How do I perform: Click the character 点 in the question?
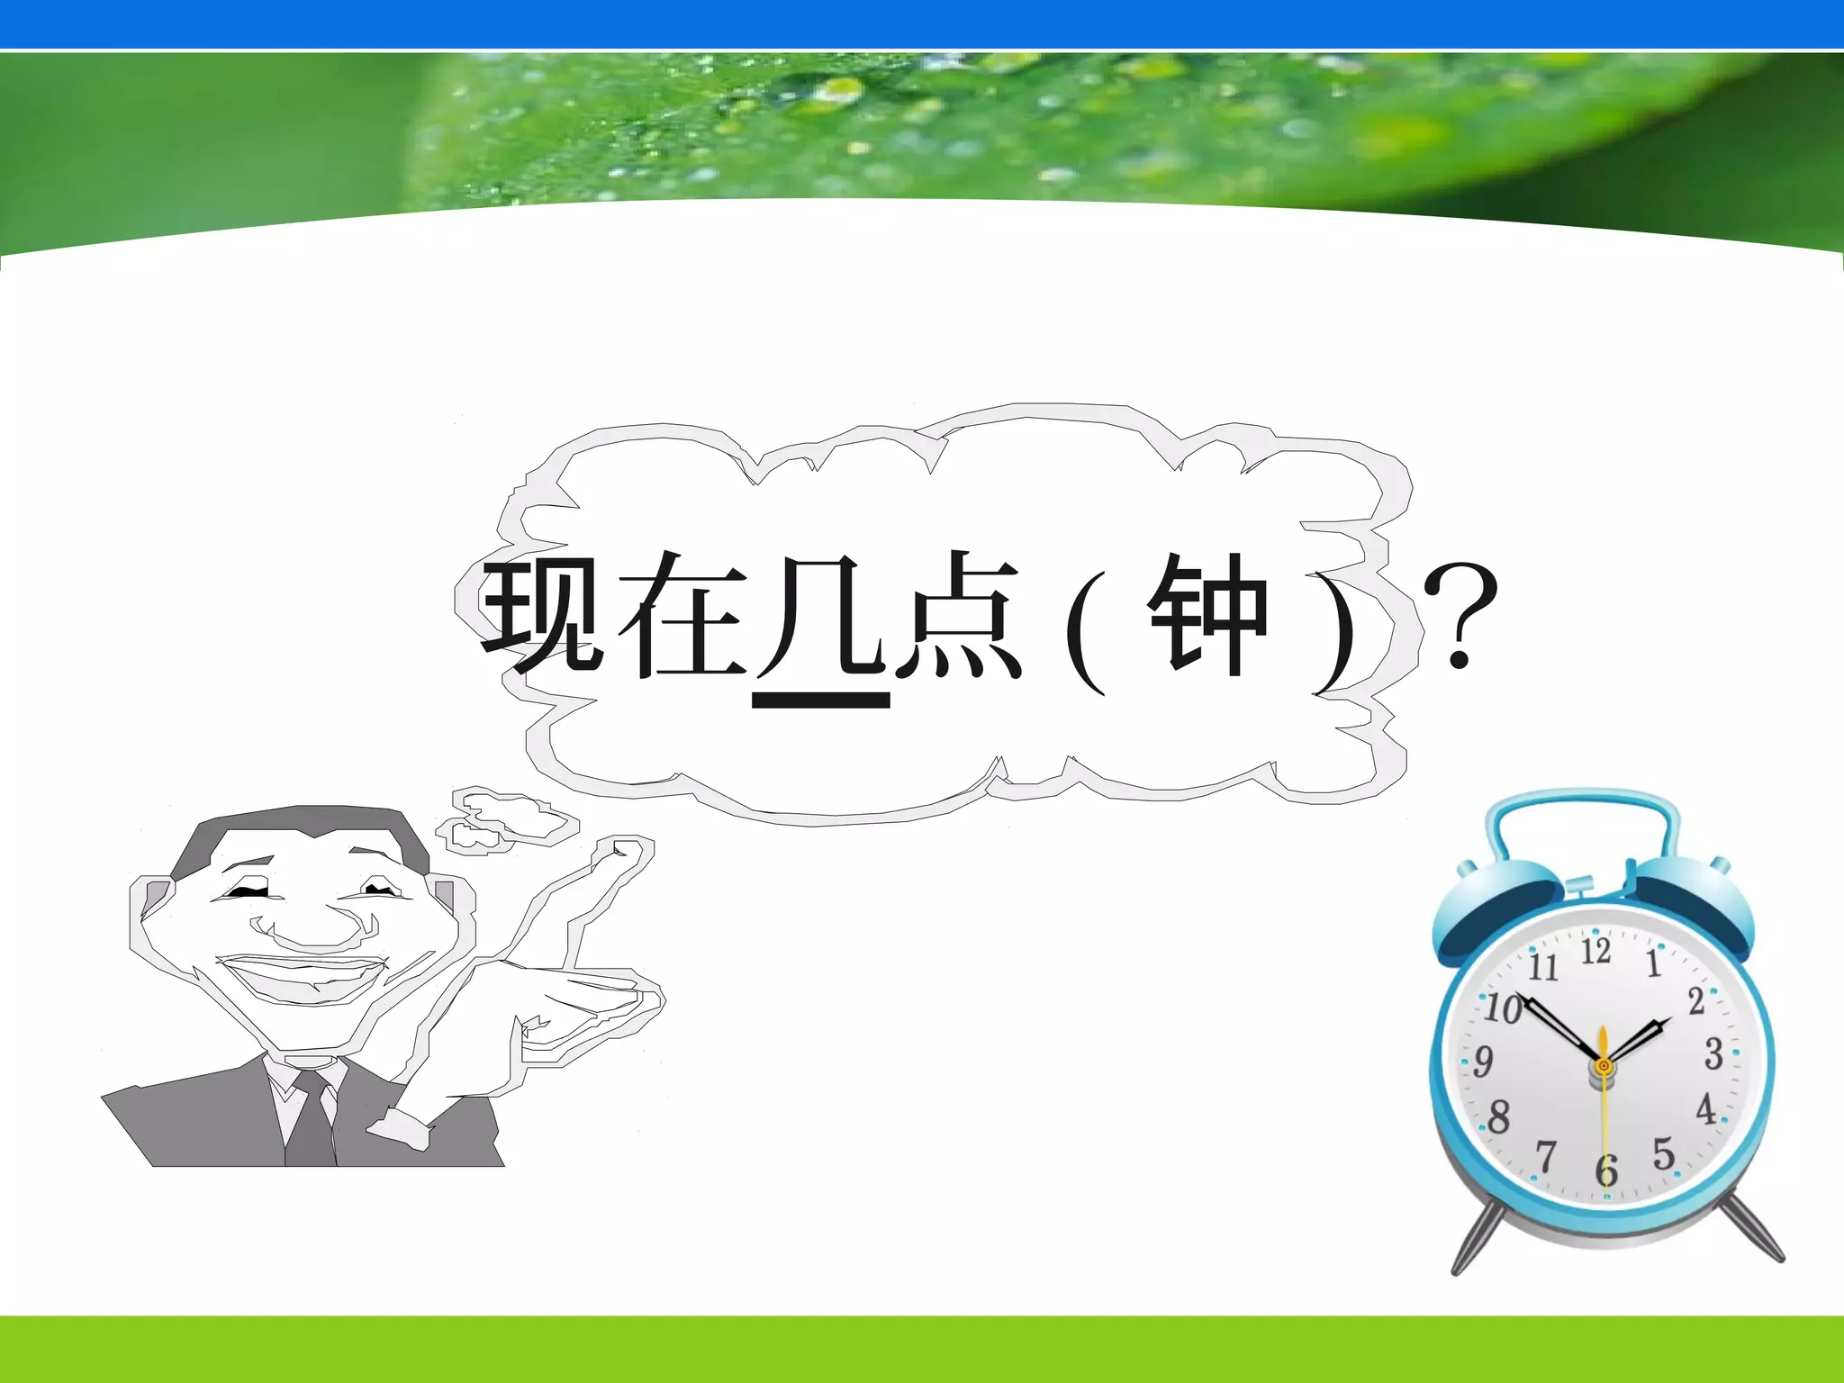click(x=958, y=614)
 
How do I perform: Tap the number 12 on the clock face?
click(x=1595, y=951)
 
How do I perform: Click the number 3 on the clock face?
click(x=1713, y=1053)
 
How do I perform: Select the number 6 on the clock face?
click(x=1606, y=1171)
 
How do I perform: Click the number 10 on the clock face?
click(x=1503, y=1008)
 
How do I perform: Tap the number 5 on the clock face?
click(x=1663, y=1153)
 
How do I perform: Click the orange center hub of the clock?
click(x=1604, y=1066)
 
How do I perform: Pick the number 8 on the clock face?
click(x=1498, y=1117)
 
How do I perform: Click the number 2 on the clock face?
click(x=1696, y=1000)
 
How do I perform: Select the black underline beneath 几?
click(x=821, y=700)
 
